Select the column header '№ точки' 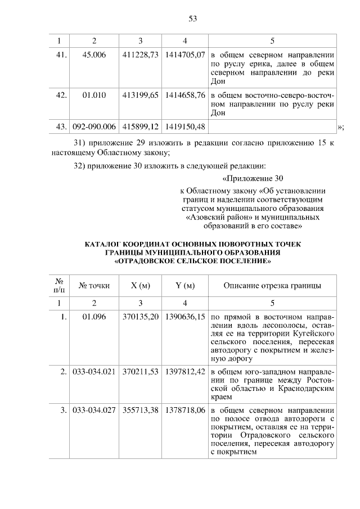(94, 286)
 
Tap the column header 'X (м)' (141, 286)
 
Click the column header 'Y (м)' (185, 286)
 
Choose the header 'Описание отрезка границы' (272, 286)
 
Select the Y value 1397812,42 (185, 372)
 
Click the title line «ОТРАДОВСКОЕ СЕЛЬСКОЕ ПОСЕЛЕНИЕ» (193, 261)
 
